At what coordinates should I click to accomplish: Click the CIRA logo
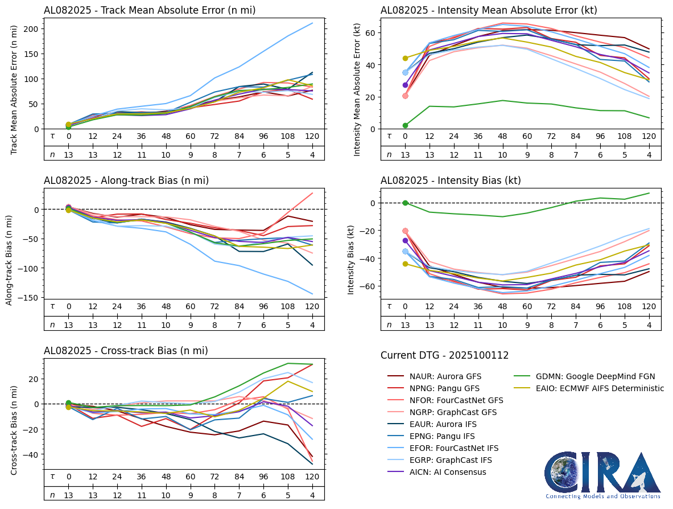tap(602, 475)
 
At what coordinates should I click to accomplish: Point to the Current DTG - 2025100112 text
tap(444, 356)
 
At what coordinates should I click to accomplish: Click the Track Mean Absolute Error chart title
tap(150, 10)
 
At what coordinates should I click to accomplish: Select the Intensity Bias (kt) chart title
tap(451, 181)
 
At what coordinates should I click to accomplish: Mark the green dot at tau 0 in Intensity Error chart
tap(405, 125)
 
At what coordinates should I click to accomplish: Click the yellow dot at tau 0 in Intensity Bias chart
tap(405, 264)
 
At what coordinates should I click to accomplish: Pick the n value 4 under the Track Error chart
tap(312, 154)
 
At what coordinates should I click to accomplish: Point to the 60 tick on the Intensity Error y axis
tap(370, 33)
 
